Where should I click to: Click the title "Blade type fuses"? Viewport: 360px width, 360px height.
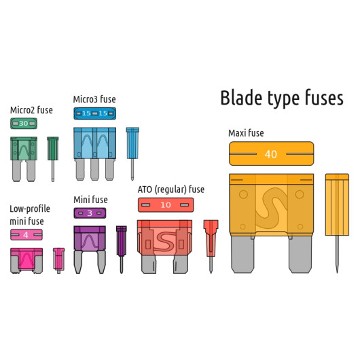click(282, 98)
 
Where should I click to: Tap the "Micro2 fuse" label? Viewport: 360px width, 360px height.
click(31, 110)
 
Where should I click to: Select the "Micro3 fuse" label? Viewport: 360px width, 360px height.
click(94, 99)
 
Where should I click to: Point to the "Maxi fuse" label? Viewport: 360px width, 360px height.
click(246, 133)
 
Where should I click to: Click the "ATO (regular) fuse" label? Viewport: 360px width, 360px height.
click(171, 190)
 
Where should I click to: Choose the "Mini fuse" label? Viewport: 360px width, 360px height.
click(90, 200)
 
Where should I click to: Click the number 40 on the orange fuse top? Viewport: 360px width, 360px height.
click(271, 154)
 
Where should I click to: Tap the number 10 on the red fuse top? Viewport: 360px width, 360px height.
click(166, 205)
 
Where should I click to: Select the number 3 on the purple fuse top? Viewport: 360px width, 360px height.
click(90, 213)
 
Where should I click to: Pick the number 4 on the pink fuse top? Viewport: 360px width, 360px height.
click(26, 235)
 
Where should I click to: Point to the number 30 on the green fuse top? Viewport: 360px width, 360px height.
click(23, 124)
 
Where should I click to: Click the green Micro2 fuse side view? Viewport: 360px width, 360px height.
click(53, 159)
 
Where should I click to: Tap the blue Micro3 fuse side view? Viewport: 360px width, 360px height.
click(132, 154)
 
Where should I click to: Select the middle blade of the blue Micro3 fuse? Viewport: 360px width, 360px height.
click(94, 169)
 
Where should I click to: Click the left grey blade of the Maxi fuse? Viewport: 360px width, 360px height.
click(242, 255)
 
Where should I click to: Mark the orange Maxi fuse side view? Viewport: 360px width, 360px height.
click(337, 223)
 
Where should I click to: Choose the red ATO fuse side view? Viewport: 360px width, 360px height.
click(211, 247)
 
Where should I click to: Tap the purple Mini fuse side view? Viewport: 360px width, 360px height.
click(122, 249)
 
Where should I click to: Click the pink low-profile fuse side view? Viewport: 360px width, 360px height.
click(59, 260)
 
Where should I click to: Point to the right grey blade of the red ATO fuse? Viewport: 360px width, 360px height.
click(181, 264)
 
